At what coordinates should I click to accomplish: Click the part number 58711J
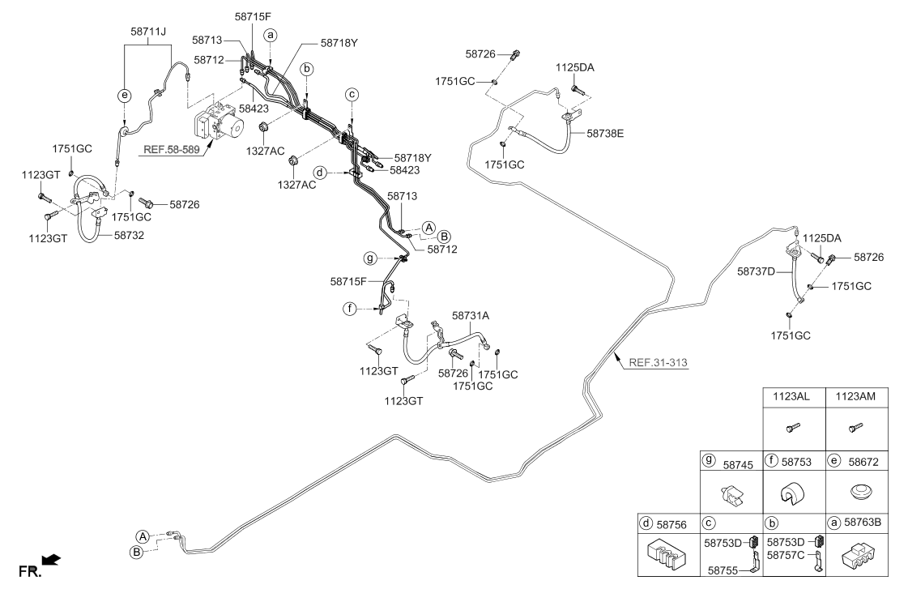148,32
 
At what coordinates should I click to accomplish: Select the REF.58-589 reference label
172,149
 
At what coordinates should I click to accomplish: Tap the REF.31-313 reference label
658,363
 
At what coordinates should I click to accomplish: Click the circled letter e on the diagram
124,96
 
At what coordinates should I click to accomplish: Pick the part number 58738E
605,133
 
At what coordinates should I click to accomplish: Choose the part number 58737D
756,271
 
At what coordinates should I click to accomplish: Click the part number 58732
129,235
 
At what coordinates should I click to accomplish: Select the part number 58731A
471,316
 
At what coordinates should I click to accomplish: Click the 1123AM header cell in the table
856,397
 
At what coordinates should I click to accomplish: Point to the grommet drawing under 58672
856,493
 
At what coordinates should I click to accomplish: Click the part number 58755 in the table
723,570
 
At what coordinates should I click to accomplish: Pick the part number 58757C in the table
785,555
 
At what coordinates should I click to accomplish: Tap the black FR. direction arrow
52,560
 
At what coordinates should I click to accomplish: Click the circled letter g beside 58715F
370,258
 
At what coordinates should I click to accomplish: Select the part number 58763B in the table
863,522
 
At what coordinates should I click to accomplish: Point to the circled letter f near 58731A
349,309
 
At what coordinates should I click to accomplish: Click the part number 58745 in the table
738,464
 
